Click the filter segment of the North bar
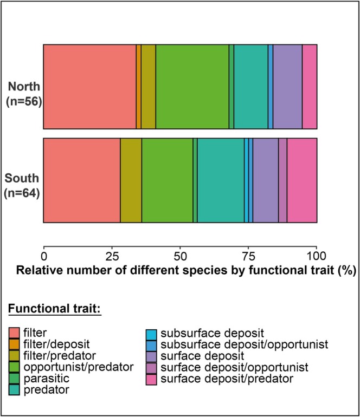(89, 87)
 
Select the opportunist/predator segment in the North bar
(192, 87)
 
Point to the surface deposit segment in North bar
(287, 87)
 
